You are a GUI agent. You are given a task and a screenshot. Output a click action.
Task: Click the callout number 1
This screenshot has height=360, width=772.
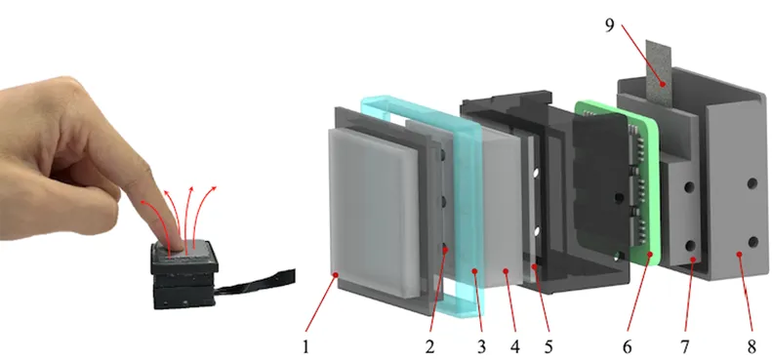305,346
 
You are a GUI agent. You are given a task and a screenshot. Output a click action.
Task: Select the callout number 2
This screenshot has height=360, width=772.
429,346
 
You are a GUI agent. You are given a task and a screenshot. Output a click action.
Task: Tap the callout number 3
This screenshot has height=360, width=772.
481,346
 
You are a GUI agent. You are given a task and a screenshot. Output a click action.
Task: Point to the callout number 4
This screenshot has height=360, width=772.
514,346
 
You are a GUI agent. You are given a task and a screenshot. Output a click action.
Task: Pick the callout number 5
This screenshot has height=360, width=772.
549,346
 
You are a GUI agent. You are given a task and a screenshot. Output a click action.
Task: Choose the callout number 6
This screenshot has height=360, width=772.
627,346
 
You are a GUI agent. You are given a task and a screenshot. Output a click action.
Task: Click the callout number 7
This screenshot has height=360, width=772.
685,346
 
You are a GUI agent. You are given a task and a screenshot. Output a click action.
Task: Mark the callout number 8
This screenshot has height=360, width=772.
752,346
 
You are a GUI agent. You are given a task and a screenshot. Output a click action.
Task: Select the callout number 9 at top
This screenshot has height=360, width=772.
610,25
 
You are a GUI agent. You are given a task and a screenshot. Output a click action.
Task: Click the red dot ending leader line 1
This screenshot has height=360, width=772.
336,275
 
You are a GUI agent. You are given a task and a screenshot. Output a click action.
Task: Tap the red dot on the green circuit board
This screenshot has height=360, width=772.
650,254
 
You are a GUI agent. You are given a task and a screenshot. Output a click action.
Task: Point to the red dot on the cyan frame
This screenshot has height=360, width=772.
474,270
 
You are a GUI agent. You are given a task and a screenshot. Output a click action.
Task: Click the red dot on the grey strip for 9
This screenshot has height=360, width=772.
664,84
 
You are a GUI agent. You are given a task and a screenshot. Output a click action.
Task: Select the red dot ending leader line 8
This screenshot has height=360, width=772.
739,254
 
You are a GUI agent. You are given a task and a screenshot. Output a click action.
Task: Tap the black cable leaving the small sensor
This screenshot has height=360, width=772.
256,281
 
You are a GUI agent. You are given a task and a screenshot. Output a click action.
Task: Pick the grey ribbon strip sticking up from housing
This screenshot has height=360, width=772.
660,72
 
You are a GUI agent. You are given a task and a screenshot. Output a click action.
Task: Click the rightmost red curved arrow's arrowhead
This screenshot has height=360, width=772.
214,188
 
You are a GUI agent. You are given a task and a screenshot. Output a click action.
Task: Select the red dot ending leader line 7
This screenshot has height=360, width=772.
693,260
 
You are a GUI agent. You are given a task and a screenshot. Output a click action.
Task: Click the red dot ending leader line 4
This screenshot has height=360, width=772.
506,270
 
